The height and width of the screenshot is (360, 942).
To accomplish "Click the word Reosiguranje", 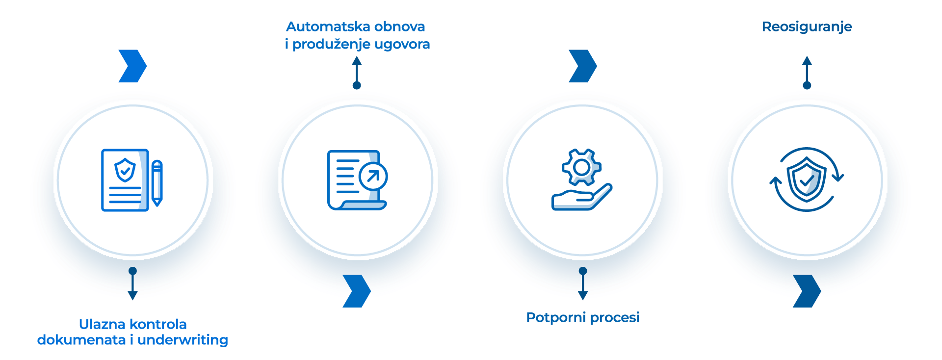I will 807,27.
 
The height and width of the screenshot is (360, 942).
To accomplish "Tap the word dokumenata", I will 81,340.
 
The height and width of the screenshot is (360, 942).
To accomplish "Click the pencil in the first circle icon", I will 157,182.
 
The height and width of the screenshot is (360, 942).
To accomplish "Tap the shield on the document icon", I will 125,170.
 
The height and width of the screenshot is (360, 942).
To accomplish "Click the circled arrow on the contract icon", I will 373,177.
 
